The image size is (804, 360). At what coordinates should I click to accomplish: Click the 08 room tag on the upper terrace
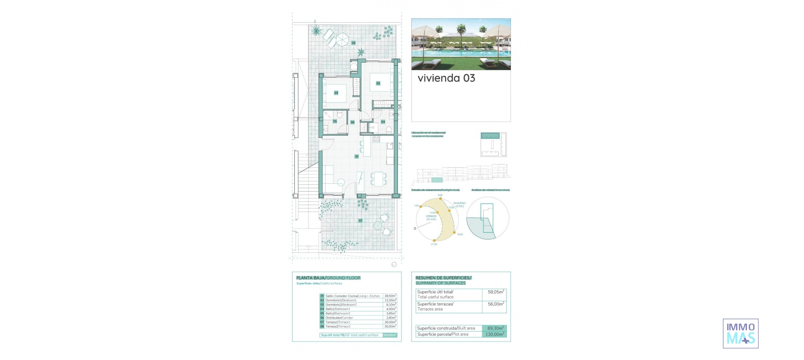click(x=353, y=43)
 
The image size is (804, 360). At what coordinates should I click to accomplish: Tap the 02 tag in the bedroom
click(x=378, y=83)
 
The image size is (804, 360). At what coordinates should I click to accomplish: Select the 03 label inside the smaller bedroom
click(x=336, y=93)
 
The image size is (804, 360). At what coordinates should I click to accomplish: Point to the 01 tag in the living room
click(x=357, y=157)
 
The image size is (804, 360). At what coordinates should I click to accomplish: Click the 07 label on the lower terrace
click(x=361, y=221)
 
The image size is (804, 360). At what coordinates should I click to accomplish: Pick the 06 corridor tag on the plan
click(x=353, y=122)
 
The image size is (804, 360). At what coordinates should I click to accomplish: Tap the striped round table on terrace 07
click(x=378, y=225)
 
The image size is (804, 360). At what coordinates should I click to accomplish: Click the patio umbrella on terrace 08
click(x=342, y=39)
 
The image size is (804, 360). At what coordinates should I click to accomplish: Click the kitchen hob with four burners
click(x=376, y=139)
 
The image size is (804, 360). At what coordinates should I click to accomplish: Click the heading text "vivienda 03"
click(x=446, y=78)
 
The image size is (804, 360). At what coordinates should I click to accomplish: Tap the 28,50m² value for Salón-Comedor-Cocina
click(x=390, y=296)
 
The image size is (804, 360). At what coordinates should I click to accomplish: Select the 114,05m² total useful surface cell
click(x=389, y=335)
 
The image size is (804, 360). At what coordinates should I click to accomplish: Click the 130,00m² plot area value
click(x=495, y=334)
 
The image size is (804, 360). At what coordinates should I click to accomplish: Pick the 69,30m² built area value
click(x=495, y=328)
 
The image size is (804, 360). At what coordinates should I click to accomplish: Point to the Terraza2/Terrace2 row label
click(x=338, y=327)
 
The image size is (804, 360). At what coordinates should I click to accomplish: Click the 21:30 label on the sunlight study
click(x=434, y=244)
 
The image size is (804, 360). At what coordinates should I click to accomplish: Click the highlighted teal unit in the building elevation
click(x=437, y=180)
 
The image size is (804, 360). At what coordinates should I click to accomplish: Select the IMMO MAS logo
click(x=740, y=334)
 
